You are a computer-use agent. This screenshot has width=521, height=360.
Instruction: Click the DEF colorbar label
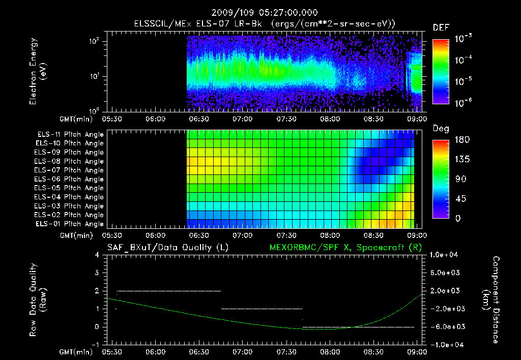(441, 27)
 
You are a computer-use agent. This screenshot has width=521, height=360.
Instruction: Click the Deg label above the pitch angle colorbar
(441, 129)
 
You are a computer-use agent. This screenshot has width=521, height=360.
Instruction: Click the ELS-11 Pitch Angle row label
(70, 135)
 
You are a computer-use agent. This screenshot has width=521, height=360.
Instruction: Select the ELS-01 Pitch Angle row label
(70, 224)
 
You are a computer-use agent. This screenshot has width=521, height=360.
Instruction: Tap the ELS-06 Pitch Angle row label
(70, 179)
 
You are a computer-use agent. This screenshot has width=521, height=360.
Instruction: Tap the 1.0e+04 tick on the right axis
(445, 255)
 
